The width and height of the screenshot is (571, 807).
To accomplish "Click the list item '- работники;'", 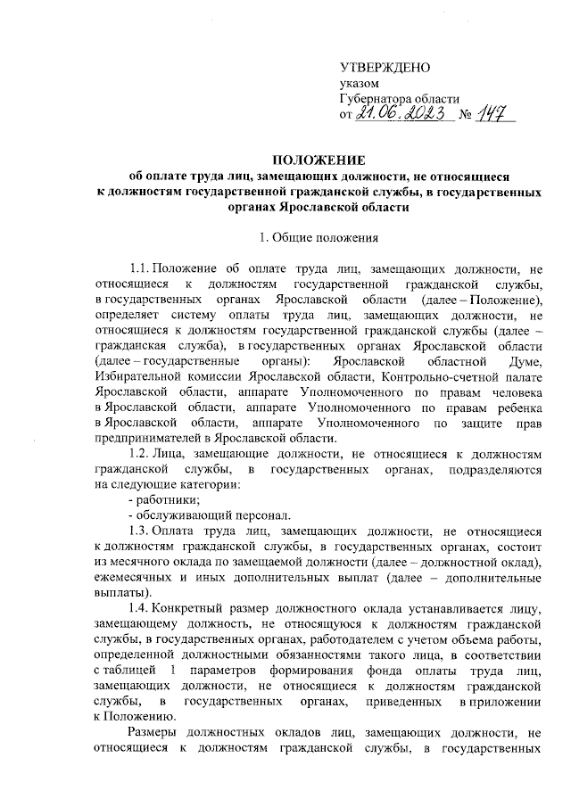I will (x=161, y=500).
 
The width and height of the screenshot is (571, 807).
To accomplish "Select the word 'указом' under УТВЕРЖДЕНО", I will (x=360, y=84).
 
